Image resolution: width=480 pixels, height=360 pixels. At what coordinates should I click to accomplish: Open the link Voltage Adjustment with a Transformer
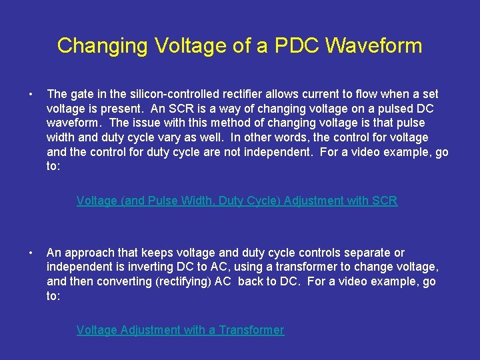tap(180, 330)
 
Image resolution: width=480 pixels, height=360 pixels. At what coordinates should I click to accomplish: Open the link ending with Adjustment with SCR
tap(237, 201)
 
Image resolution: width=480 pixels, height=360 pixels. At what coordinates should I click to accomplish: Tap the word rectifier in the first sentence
tap(233, 95)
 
